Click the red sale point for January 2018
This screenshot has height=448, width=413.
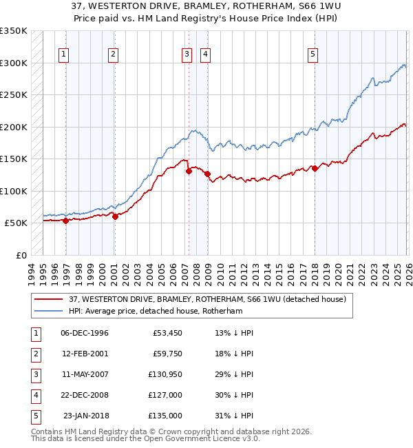click(315, 168)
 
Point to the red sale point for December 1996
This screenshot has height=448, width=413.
click(66, 221)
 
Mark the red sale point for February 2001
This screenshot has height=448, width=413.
click(115, 216)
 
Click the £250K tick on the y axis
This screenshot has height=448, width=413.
click(14, 95)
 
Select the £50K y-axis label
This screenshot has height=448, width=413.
click(17, 223)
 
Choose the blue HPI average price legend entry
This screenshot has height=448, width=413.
click(156, 312)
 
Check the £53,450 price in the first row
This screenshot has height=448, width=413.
click(167, 333)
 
